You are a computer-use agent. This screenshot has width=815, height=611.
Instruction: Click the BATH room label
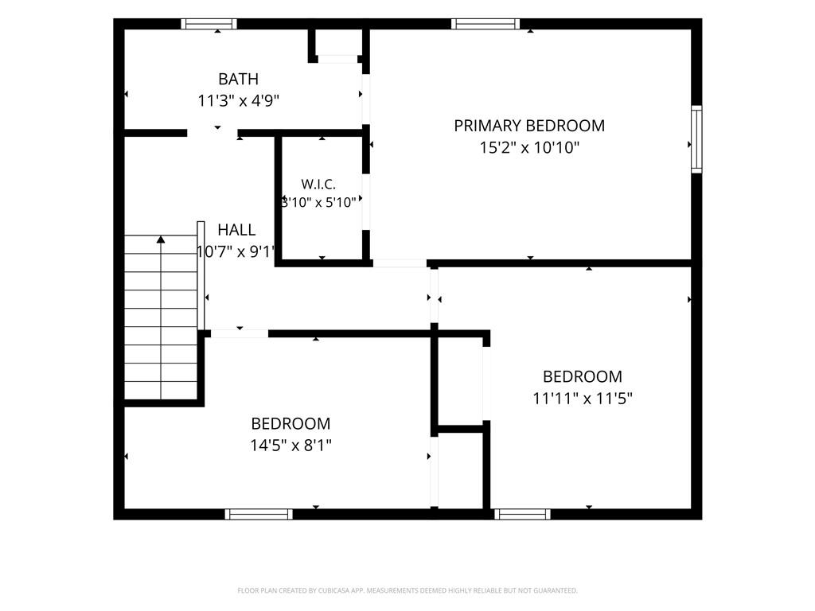pyautogui.click(x=238, y=79)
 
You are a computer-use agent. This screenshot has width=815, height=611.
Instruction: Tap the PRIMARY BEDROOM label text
pyautogui.click(x=529, y=126)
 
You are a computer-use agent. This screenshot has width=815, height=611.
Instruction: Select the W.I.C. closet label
pyautogui.click(x=318, y=184)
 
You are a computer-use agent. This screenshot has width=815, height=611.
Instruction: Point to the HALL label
pyautogui.click(x=236, y=230)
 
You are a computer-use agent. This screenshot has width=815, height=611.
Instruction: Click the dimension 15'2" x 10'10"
pyautogui.click(x=529, y=147)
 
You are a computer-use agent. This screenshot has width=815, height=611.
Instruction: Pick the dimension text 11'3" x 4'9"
pyautogui.click(x=239, y=100)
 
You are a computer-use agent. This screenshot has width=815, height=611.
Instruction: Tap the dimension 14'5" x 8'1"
pyautogui.click(x=291, y=446)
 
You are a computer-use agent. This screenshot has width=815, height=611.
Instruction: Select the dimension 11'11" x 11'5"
pyautogui.click(x=582, y=399)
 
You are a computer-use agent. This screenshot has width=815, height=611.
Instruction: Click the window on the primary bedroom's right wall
pyautogui.click(x=696, y=139)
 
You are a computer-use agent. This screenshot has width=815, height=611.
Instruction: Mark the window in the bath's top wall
pyautogui.click(x=209, y=24)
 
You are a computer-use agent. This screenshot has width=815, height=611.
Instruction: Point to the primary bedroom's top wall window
pyautogui.click(x=485, y=24)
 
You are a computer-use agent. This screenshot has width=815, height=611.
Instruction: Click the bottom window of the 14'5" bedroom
pyautogui.click(x=259, y=514)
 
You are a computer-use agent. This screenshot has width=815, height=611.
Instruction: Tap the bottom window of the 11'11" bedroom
pyautogui.click(x=522, y=514)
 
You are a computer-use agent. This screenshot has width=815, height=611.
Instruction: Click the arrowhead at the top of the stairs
pyautogui.click(x=161, y=239)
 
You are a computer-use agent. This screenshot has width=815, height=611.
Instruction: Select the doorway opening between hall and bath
pyautogui.click(x=213, y=133)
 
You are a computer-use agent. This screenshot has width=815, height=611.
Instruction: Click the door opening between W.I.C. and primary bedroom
pyautogui.click(x=366, y=201)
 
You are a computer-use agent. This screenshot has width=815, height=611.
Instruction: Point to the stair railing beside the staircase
pyautogui.click(x=201, y=275)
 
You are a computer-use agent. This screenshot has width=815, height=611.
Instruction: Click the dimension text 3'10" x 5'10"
pyautogui.click(x=318, y=202)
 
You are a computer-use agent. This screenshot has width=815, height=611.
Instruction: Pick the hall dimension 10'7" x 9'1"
pyautogui.click(x=236, y=252)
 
